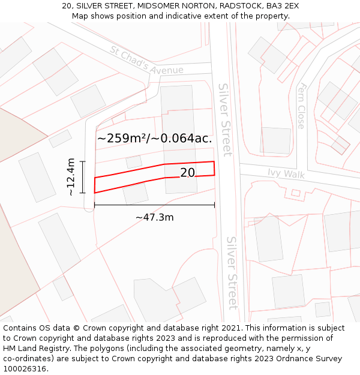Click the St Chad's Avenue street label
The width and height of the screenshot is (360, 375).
click(146, 61)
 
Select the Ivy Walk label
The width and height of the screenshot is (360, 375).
click(286, 174)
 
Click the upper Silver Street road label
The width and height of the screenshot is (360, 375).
click(224, 119)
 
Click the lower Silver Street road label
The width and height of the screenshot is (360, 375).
click(232, 272)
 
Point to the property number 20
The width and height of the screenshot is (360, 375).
click(188, 173)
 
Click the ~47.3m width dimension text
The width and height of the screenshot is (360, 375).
click(155, 217)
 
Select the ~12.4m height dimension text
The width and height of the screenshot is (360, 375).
click(71, 177)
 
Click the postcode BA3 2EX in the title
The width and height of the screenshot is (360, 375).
click(278, 6)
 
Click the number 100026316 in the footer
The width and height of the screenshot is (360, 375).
click(25, 368)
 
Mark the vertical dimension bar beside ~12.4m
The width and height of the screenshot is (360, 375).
click(83, 177)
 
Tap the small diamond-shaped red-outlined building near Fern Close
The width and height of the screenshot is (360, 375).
click(340, 145)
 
